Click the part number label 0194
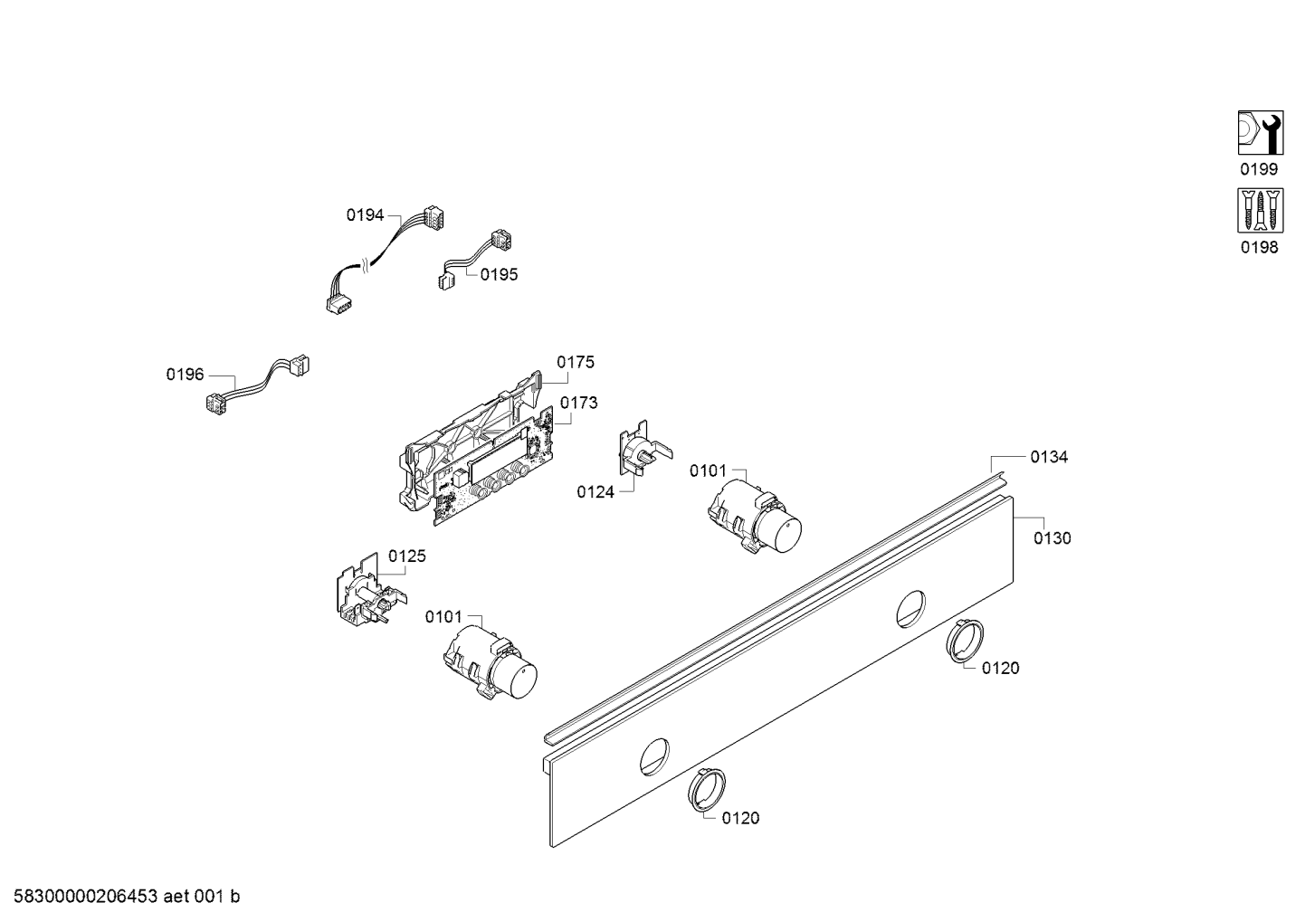pos(366,215)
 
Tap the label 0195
pos(499,275)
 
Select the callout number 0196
pos(186,375)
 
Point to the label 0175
pos(576,362)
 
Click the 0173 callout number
pos(579,403)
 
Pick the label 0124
pos(595,493)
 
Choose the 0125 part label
pos(407,556)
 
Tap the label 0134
pos(1049,457)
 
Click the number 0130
pos(1053,538)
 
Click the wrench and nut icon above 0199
pos(1261,133)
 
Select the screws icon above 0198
pos(1261,210)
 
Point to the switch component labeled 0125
pos(372,590)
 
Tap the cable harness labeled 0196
pos(258,385)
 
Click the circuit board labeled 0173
pos(493,466)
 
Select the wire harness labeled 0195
pos(474,260)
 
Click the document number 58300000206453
pos(85,897)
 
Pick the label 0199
pos(1260,169)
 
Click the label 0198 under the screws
pos(1260,248)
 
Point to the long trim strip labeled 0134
pos(775,608)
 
